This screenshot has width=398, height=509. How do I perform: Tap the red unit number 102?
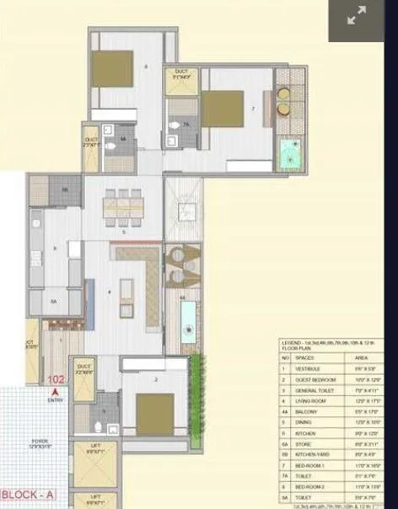[57, 380]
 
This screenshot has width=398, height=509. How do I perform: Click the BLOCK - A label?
[29, 494]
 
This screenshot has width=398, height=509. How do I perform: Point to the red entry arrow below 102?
[56, 391]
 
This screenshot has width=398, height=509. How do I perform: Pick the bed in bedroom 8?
[112, 67]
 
